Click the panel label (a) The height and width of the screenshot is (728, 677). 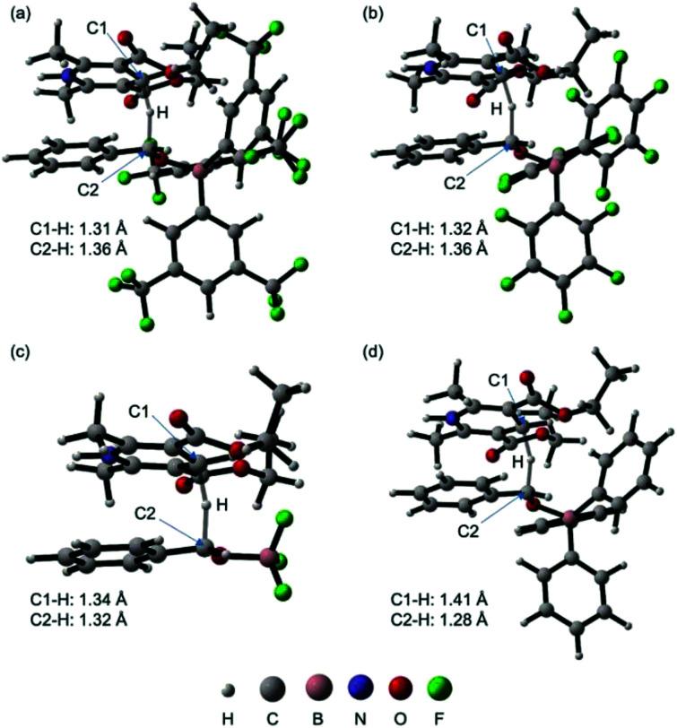[20, 13]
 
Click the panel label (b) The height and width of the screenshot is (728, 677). [369, 13]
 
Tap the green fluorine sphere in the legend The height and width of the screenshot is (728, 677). [441, 689]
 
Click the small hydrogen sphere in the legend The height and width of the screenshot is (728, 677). [229, 689]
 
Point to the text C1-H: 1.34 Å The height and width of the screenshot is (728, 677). [77, 598]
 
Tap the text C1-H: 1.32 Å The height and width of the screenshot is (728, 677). [427, 230]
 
